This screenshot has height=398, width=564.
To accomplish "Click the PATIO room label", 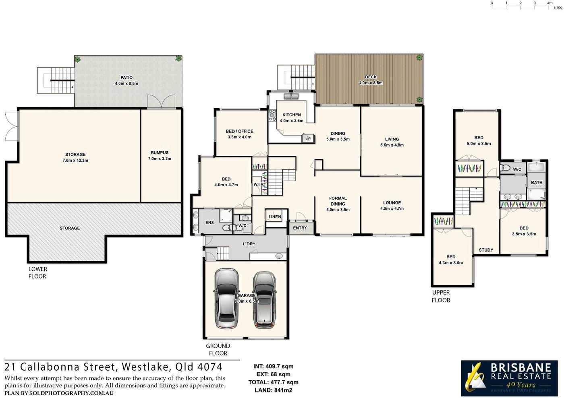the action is point(126,78).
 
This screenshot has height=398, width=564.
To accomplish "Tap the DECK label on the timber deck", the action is point(371,77).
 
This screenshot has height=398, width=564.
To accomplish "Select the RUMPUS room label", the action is point(160,153).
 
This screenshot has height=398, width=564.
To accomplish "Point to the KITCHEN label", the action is point(292,115).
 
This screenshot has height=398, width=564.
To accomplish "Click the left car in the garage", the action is point(226,299).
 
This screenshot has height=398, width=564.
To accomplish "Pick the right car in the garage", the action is point(264,300).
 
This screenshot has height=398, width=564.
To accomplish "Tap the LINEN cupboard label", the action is point(275,217).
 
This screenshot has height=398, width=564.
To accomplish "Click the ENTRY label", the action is point(300,228).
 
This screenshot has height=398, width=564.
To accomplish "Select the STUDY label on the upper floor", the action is point(486,250).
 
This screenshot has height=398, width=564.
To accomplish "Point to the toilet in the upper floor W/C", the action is point(505,167).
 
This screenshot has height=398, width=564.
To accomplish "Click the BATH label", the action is point(537,182).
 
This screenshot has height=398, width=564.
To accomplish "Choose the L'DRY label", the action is point(249,244).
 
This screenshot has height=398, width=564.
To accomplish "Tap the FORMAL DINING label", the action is point(338,201).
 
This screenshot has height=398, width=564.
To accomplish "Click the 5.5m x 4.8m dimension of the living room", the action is point(392,145).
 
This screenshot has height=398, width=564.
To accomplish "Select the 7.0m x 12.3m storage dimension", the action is point(75,160).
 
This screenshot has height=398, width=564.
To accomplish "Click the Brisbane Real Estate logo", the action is point(509,378).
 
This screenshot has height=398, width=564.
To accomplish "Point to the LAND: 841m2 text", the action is point(274,390).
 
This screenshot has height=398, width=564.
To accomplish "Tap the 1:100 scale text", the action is point(558,8).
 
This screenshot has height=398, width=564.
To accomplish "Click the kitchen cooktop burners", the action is point(272,115).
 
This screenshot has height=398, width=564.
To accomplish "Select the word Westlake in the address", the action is point(145,367).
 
